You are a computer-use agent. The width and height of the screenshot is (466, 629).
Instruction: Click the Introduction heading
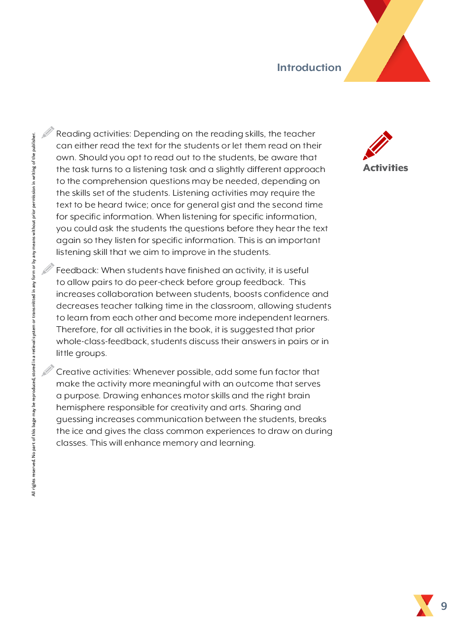(309, 68)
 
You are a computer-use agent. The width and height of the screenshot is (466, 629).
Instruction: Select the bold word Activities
(385, 168)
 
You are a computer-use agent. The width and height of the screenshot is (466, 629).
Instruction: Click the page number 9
(444, 606)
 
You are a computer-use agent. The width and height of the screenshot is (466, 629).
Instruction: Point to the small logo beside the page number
(424, 605)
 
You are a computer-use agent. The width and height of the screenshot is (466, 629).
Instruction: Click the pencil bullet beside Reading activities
(48, 132)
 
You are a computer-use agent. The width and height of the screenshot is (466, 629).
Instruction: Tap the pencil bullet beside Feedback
(48, 269)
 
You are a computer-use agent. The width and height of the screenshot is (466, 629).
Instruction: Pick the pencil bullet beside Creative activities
(48, 370)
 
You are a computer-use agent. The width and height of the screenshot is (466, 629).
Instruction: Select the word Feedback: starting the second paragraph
(77, 271)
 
